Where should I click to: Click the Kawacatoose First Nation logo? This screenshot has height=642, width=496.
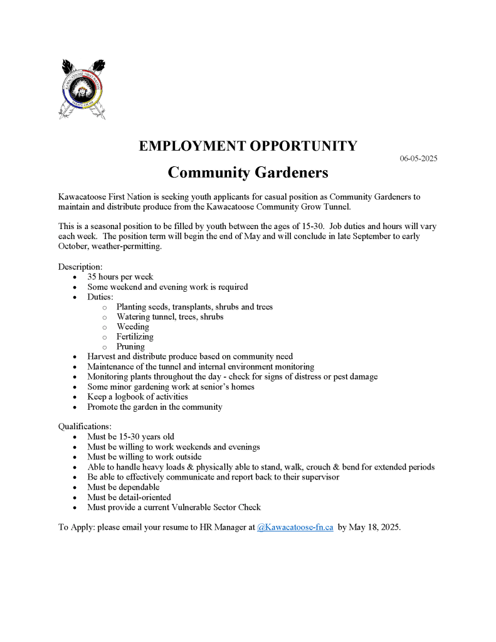(84, 88)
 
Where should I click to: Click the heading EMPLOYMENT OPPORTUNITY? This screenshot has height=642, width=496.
(248, 146)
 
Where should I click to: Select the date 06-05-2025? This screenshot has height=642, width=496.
(418, 159)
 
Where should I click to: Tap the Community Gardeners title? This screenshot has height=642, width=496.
(248, 172)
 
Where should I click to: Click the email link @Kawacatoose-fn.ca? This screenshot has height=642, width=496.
(295, 527)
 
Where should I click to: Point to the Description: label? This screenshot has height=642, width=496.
(80, 267)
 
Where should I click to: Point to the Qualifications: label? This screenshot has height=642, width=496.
(85, 427)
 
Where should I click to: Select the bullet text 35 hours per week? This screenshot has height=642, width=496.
(120, 277)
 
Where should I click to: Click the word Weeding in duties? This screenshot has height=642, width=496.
(132, 326)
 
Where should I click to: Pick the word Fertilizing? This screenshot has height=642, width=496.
(135, 336)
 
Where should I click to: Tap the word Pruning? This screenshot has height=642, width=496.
(130, 346)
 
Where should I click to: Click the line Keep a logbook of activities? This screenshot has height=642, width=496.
(137, 397)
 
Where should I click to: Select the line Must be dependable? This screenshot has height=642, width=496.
(123, 487)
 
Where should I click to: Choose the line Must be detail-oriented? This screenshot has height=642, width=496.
(129, 497)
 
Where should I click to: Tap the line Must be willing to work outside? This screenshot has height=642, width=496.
(144, 457)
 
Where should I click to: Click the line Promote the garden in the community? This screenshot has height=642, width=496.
(154, 407)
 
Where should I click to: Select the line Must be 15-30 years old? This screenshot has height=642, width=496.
(130, 437)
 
